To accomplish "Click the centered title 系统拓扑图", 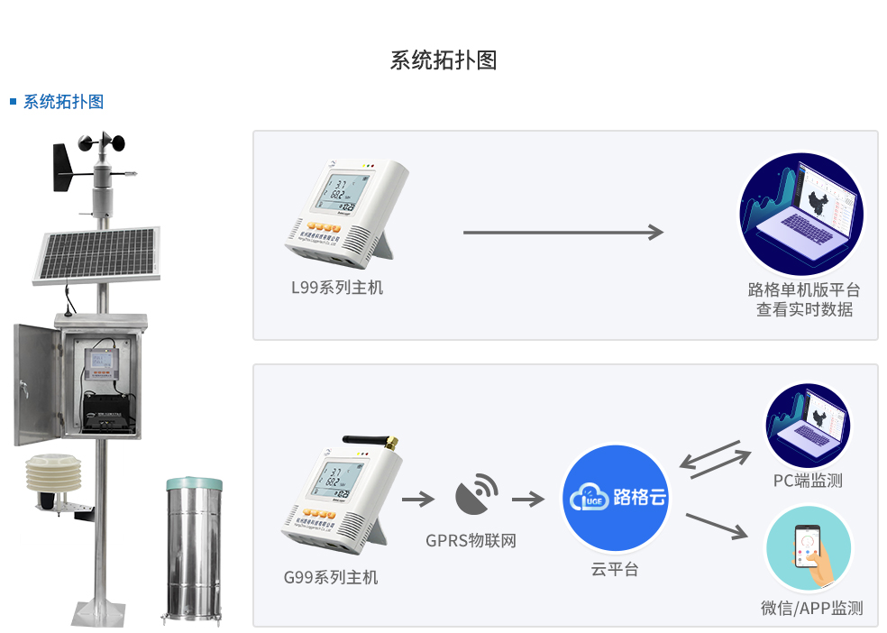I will [443, 60].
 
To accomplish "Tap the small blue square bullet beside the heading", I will [14, 101].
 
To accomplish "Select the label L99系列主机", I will [337, 288].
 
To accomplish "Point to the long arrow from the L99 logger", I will [562, 233].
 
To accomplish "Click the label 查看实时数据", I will [804, 309].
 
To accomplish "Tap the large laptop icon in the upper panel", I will [801, 215].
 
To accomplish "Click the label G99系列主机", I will [331, 577].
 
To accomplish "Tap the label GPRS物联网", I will [471, 541].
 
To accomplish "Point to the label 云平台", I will [615, 569].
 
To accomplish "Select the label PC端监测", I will [808, 481].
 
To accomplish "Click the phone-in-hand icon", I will [808, 548].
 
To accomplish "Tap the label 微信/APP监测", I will [811, 609].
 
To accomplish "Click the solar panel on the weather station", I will [96, 253].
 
